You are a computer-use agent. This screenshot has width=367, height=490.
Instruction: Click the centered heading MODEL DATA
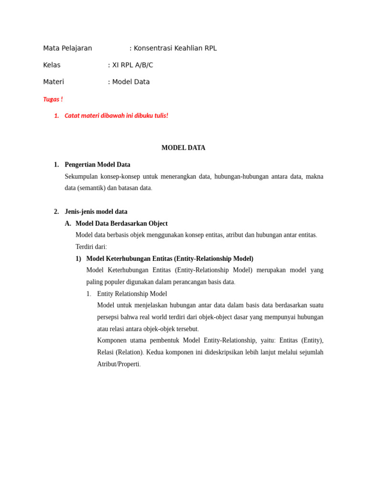coord(183,148)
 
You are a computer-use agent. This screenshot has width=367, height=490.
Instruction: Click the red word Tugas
coord(51,100)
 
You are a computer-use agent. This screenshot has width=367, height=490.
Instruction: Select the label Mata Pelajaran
coord(67,48)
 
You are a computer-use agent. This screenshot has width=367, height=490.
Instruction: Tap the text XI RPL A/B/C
coord(132,65)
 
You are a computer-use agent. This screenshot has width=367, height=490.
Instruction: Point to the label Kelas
coord(52,65)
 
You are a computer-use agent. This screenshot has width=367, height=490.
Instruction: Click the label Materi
coord(54,82)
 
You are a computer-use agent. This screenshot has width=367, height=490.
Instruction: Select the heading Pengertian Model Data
coord(97,165)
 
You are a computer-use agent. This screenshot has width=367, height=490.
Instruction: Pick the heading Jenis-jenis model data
coord(96,212)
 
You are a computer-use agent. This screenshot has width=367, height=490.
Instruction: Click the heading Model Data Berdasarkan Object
coord(121,223)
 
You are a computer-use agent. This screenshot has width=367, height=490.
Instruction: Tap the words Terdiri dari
coord(91,247)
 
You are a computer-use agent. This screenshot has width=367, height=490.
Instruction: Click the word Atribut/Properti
coord(118,364)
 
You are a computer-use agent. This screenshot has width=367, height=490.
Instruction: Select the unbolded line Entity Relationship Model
coord(132,294)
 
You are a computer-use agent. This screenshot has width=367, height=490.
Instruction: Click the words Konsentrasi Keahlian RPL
coord(175,48)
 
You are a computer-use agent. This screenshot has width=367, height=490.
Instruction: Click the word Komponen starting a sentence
coord(113,340)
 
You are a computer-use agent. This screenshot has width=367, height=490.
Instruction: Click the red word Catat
coord(72,116)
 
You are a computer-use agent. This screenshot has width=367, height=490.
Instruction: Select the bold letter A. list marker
coord(68,223)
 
